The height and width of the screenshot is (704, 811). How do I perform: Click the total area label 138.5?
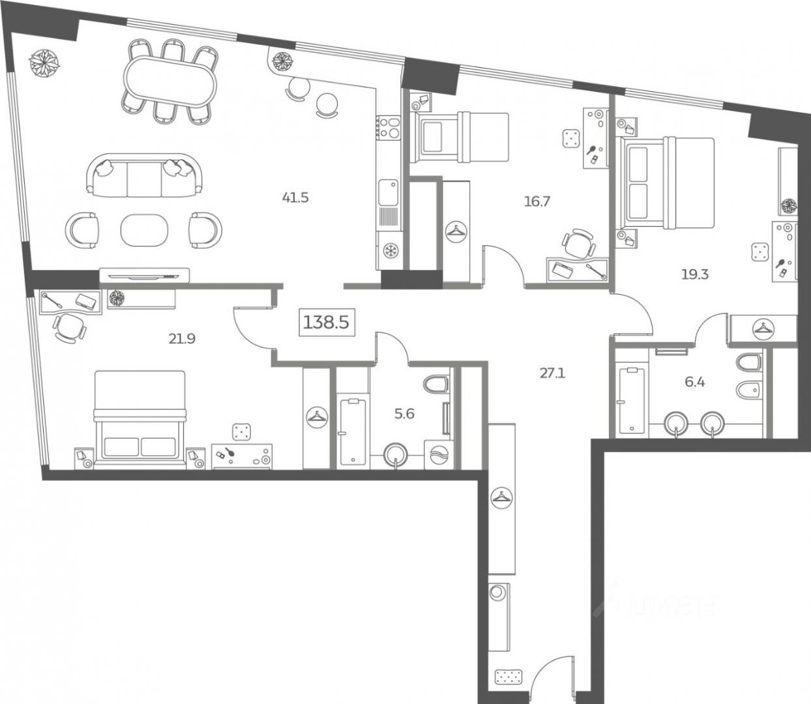[326, 323]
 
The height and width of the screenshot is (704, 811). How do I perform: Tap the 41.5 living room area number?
[295, 197]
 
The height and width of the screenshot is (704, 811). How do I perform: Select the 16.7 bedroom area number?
[537, 201]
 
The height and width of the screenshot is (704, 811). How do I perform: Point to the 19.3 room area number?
[695, 274]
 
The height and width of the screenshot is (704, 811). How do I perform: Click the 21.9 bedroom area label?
[182, 339]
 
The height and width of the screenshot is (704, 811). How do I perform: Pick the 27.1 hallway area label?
[553, 373]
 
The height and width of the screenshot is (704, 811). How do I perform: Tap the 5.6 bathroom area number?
[404, 414]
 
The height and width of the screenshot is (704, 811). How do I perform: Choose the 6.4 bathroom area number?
[695, 382]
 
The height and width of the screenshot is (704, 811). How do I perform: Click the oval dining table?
[170, 82]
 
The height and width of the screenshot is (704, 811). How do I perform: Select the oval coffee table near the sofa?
[144, 230]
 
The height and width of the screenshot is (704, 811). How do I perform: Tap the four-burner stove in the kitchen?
[389, 127]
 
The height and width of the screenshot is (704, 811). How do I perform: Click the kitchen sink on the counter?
[389, 192]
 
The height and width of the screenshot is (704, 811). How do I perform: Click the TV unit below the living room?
[144, 275]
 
